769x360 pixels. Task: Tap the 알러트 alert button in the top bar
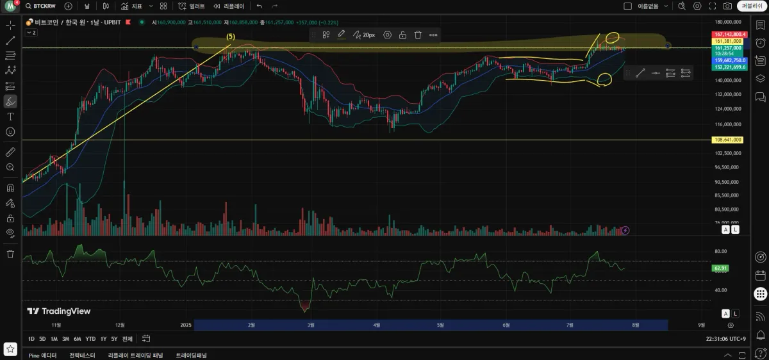pyautogui.click(x=192, y=6)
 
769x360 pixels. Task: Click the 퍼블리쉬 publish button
pyautogui.click(x=750, y=6)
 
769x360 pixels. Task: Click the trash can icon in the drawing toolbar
pyautogui.click(x=418, y=35)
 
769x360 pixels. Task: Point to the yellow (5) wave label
pyautogui.click(x=231, y=37)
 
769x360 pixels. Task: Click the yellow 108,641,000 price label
pyautogui.click(x=728, y=140)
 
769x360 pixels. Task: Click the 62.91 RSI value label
pyautogui.click(x=720, y=268)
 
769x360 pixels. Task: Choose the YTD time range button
pyautogui.click(x=90, y=339)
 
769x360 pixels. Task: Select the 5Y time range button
pyautogui.click(x=114, y=339)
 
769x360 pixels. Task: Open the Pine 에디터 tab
pyautogui.click(x=42, y=355)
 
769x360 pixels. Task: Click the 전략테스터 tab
pyautogui.click(x=82, y=355)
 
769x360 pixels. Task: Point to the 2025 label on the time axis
pyautogui.click(x=186, y=325)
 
